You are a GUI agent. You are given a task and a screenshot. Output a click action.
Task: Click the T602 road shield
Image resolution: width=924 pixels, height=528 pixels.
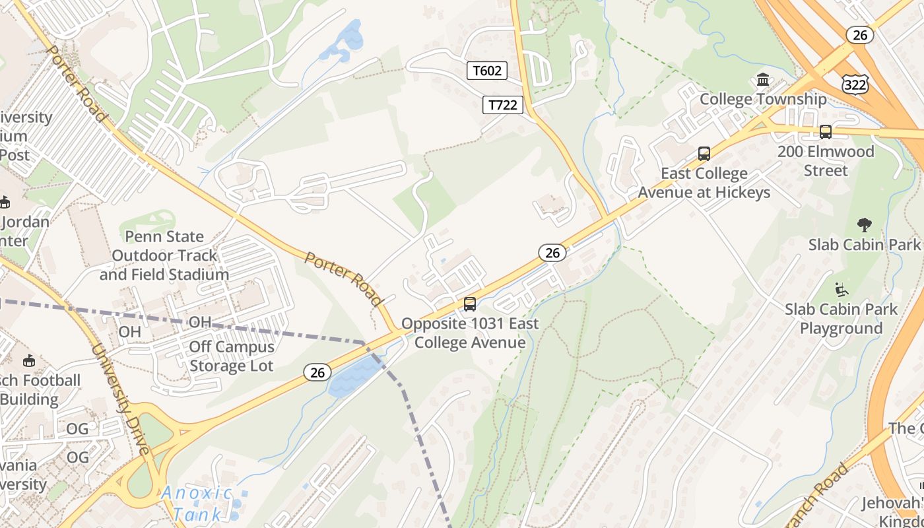[x=487, y=71]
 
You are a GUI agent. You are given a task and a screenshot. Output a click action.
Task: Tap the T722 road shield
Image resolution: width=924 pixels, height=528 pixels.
[x=503, y=105]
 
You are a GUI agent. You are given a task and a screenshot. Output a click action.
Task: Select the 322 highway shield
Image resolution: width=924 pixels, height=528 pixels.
[x=855, y=84]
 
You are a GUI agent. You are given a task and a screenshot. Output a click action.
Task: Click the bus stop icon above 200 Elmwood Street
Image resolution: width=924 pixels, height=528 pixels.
[x=825, y=132]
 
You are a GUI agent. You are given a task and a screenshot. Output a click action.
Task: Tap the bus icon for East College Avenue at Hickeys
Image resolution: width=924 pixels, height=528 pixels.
[x=704, y=154]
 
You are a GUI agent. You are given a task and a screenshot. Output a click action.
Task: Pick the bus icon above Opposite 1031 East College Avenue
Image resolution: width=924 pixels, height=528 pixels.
[x=470, y=304]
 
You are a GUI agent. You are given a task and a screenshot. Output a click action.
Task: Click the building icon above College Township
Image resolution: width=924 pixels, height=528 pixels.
[x=763, y=80]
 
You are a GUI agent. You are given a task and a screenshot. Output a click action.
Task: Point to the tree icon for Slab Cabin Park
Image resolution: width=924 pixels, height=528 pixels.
[x=864, y=225]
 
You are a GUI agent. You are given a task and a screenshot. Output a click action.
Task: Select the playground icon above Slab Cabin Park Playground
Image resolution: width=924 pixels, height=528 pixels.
[x=841, y=289]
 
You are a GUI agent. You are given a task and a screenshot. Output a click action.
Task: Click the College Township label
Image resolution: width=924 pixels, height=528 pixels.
[x=763, y=99]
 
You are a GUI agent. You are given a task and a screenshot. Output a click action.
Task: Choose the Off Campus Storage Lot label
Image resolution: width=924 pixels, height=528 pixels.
[x=231, y=356]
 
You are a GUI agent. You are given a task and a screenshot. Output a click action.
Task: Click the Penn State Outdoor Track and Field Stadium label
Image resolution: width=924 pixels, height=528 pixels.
[x=164, y=255]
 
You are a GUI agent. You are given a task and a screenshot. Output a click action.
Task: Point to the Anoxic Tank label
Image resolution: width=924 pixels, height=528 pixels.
[x=197, y=502]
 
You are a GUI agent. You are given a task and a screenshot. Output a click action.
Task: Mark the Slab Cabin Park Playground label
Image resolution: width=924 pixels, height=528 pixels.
[x=841, y=319]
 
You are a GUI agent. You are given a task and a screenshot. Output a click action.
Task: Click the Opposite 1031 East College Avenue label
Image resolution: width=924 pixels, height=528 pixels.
[x=470, y=333]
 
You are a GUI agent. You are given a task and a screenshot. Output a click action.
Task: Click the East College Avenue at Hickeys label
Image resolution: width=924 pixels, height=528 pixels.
[x=704, y=183]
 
